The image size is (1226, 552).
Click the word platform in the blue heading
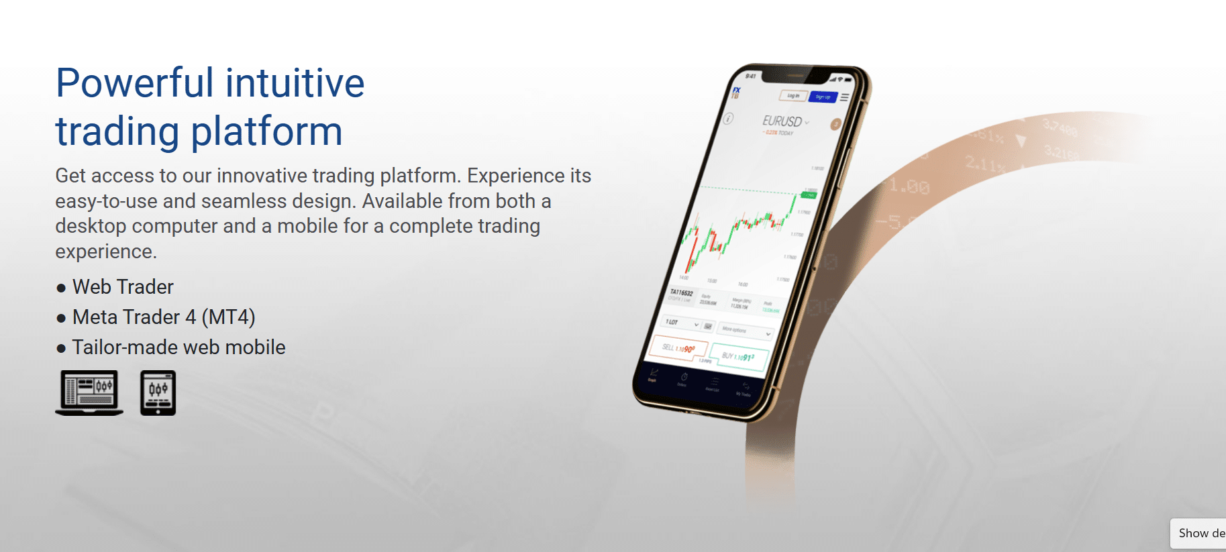tap(266, 131)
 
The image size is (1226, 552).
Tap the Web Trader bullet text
tap(123, 287)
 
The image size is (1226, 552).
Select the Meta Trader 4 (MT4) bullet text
tap(164, 317)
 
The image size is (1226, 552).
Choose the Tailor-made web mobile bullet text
tap(178, 347)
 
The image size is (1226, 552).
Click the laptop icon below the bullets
tap(89, 393)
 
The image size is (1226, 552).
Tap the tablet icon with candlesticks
tap(158, 393)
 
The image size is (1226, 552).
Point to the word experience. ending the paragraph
tap(106, 252)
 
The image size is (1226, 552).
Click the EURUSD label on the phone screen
tap(782, 121)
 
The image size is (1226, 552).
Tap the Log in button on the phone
tap(793, 96)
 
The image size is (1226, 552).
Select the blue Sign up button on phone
tap(823, 97)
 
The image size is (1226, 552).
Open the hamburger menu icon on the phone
tap(845, 98)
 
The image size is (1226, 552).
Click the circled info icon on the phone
tap(728, 119)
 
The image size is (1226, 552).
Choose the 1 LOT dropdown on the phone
tap(681, 323)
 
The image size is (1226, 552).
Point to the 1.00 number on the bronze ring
tap(910, 186)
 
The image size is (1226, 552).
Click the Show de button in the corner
tap(1200, 533)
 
